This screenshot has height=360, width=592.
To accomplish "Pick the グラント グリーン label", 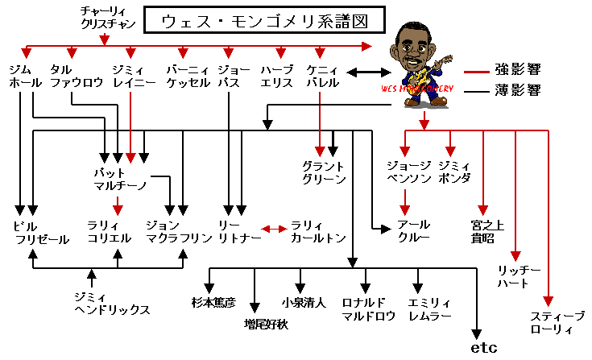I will pos(324,172).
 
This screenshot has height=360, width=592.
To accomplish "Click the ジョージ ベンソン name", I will pos(410,172).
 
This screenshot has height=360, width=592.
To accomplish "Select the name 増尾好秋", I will pos(266,324).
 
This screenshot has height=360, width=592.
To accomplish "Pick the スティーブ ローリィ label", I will pos(552,322).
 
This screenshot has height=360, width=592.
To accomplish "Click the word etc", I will pos(483,348).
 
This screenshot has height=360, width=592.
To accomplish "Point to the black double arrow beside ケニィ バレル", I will pos(364,73).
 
